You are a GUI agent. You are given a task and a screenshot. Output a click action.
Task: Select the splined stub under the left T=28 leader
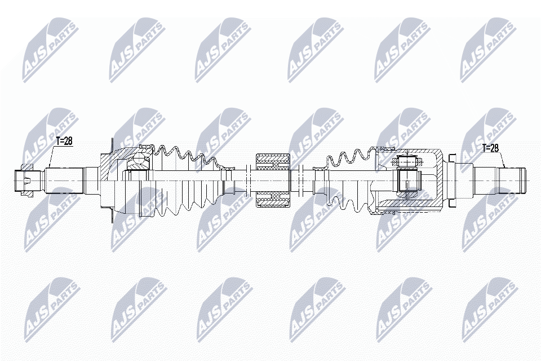click(x=65, y=180)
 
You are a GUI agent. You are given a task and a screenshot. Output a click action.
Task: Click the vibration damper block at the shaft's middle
click(x=272, y=179)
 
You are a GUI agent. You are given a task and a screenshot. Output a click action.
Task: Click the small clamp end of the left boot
click(x=228, y=167)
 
